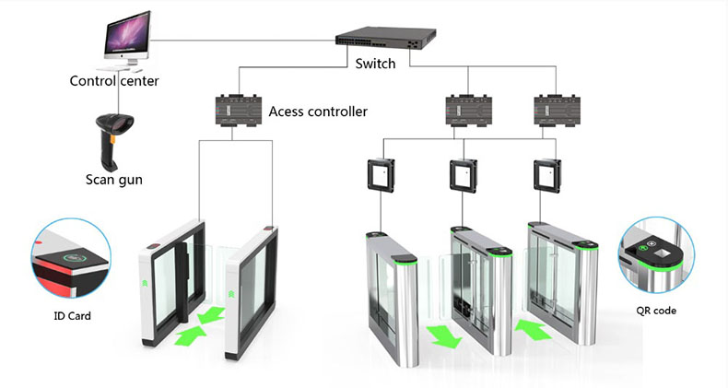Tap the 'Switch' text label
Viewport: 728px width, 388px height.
(x=375, y=65)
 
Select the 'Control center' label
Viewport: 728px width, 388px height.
(x=114, y=81)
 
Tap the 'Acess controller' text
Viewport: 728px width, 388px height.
(x=318, y=112)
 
